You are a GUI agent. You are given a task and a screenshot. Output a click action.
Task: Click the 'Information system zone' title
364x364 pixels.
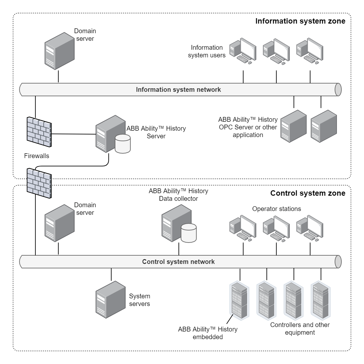tap(300, 21)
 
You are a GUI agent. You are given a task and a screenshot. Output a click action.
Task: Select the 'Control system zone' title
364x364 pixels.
tap(308, 193)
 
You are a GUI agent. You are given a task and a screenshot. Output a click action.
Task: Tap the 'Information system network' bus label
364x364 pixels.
tap(178, 90)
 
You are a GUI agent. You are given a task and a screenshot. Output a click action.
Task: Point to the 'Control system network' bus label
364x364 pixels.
tap(178, 262)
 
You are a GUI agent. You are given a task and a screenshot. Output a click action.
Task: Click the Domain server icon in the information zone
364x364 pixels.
tap(59, 51)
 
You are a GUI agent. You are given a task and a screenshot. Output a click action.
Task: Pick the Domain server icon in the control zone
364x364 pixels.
tap(59, 223)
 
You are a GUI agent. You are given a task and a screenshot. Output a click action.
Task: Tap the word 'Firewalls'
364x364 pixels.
tap(37, 156)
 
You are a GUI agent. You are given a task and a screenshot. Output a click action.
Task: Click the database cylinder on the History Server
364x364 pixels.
tap(122, 143)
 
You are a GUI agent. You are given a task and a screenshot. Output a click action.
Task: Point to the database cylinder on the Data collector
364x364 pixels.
tap(188, 233)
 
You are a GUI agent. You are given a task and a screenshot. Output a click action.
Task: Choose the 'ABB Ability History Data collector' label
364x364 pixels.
tap(178, 195)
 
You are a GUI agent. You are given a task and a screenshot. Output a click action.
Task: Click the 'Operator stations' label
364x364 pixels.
tap(276, 209)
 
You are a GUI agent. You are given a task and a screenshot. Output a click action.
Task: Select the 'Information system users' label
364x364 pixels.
tap(207, 51)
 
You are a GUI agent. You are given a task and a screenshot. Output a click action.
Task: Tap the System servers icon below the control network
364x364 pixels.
tap(110, 300)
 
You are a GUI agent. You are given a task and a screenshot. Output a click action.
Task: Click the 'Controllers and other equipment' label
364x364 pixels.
tap(300, 329)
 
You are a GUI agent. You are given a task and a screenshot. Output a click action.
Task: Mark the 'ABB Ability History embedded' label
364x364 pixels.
tap(207, 333)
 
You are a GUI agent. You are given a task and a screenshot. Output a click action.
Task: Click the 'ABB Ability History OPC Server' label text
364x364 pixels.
tap(248, 127)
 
